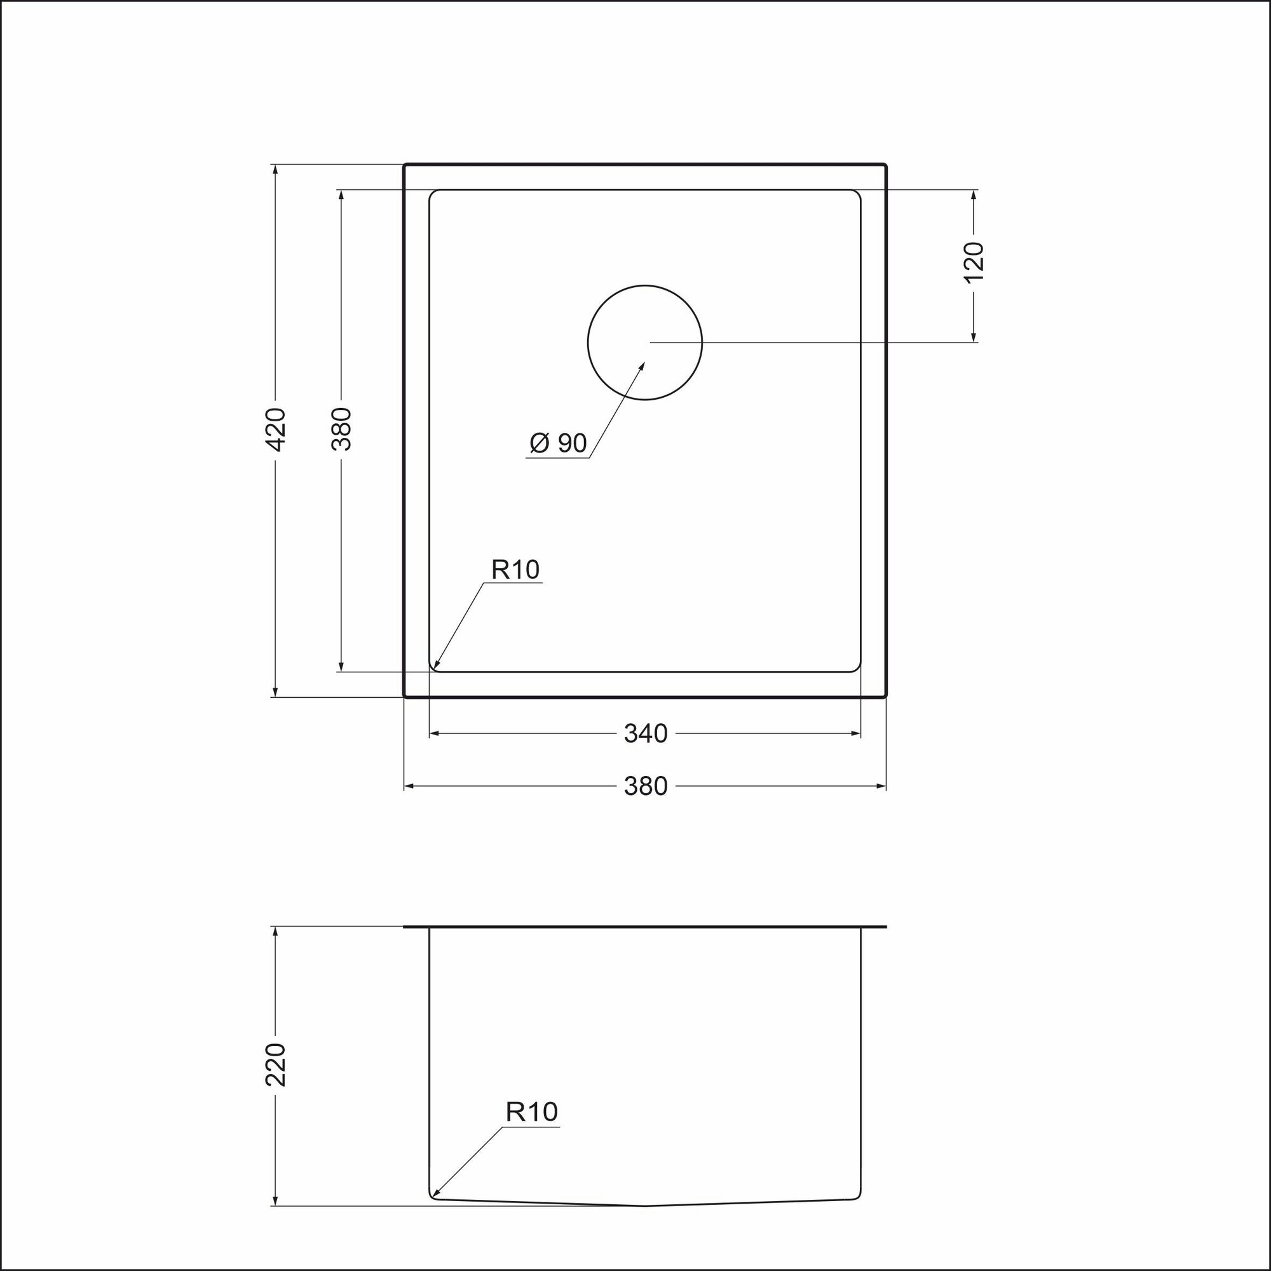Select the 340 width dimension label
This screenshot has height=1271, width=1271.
pos(646,733)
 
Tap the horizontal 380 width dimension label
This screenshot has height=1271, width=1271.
pos(646,786)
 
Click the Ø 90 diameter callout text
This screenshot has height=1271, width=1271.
pos(558,444)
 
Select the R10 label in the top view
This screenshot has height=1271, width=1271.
pos(516,569)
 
